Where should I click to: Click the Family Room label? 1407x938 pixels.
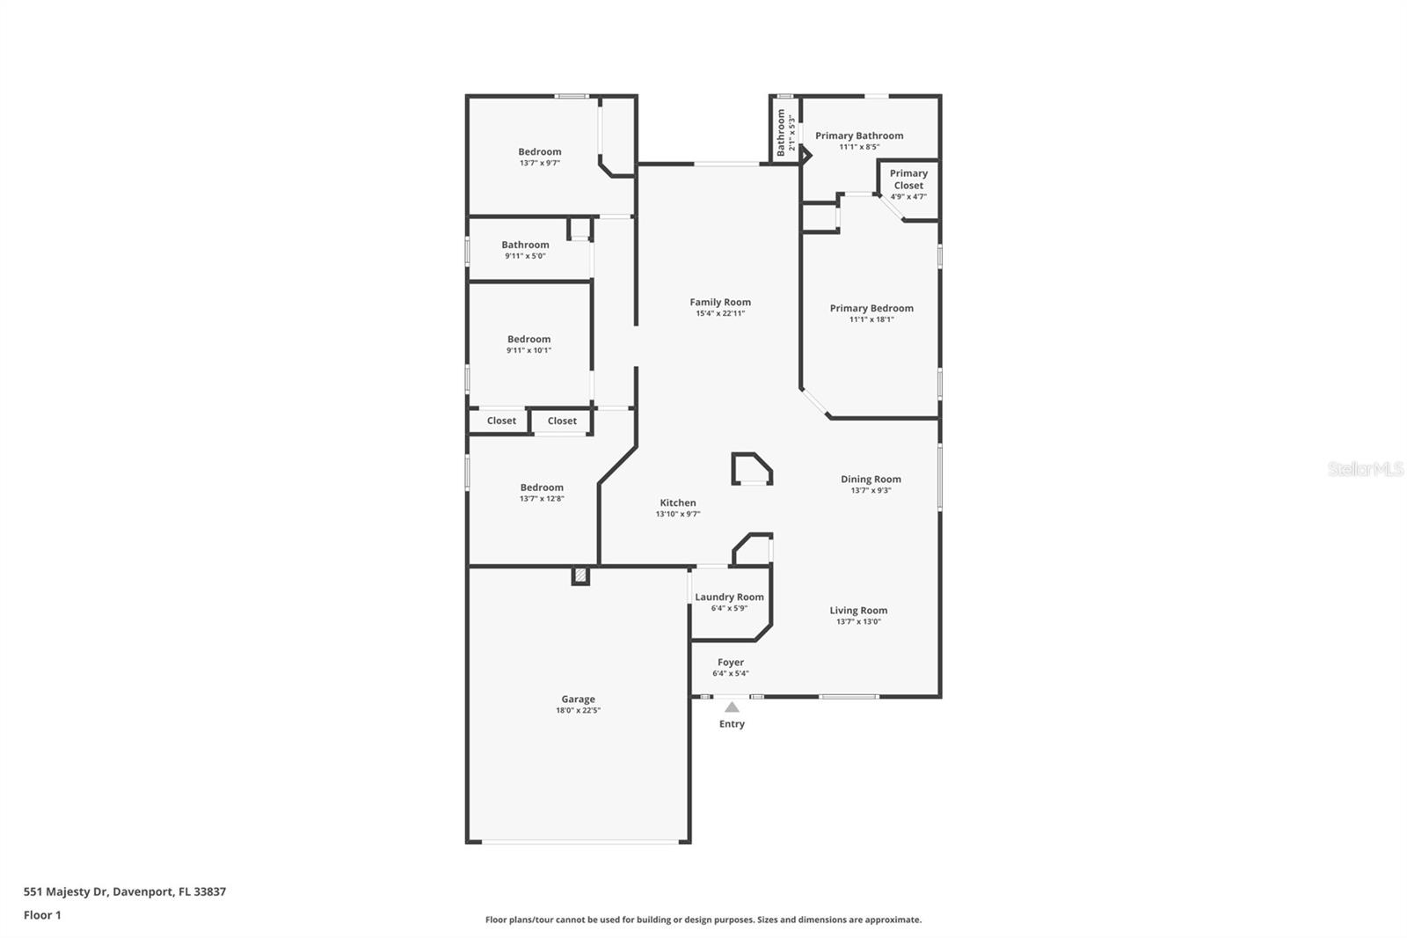coord(720,302)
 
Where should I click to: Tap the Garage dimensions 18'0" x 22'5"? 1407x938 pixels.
coord(578,710)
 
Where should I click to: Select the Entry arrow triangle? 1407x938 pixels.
coord(732,707)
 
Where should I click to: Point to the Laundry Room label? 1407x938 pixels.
coord(729,597)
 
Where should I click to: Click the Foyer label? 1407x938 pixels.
coord(731,662)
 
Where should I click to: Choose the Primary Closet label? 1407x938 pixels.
coord(908,180)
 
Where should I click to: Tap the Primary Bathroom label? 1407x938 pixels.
coord(859,136)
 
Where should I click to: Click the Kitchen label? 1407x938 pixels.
coord(678,502)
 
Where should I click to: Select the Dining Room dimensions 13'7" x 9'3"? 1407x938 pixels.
coord(871,490)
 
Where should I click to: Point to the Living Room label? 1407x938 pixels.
coord(858,610)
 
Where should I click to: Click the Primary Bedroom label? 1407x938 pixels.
coord(871,308)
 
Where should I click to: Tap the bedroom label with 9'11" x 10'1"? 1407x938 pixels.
coord(529,339)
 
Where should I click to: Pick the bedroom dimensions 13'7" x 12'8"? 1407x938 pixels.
coord(542,499)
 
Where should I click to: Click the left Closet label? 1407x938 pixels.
coord(501,421)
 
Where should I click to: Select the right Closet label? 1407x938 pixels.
coord(562,421)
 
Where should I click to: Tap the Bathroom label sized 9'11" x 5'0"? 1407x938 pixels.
coord(525,245)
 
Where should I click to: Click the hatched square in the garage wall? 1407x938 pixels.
coord(580,575)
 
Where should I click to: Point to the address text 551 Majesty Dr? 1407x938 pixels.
coord(65,891)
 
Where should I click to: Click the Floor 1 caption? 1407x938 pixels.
coord(42,915)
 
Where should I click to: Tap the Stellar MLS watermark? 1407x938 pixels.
coord(1366,468)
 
